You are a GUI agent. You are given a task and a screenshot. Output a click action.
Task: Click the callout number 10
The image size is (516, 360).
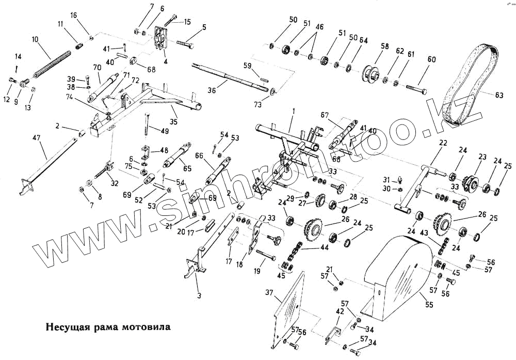(35, 39)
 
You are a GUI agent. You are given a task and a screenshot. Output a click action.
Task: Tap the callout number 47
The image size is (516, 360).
(36, 138)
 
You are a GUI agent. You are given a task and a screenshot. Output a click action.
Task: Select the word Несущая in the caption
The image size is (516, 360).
(64, 327)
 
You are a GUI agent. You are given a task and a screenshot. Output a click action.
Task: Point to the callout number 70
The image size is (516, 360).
(96, 67)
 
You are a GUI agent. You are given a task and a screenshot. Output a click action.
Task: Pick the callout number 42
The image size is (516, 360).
(339, 312)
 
